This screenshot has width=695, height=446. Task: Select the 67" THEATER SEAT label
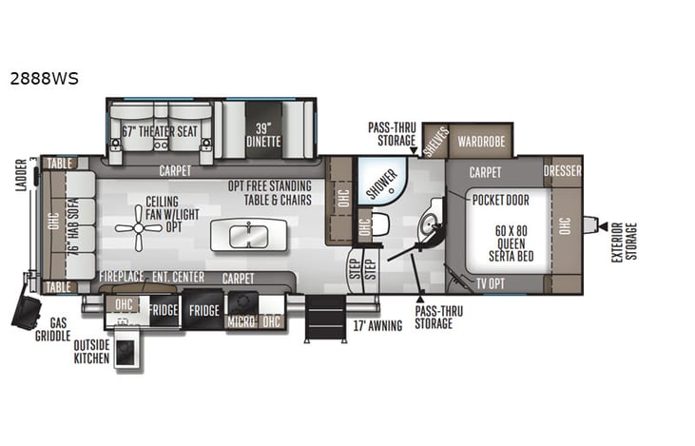pyautogui.click(x=161, y=131)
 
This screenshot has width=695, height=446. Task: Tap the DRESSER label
pyautogui.click(x=563, y=171)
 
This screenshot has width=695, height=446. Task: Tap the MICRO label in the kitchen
pyautogui.click(x=241, y=322)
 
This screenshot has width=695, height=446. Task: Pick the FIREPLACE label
pyautogui.click(x=121, y=276)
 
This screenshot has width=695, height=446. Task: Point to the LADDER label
pyautogui.click(x=22, y=176)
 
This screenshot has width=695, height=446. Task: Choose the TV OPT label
pyautogui.click(x=491, y=282)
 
